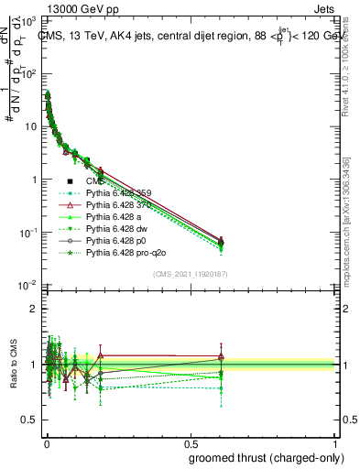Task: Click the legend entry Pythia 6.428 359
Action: point(116,193)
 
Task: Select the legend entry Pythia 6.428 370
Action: point(116,205)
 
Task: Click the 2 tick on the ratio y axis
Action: point(34,309)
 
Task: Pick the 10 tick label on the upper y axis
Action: point(28,126)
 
